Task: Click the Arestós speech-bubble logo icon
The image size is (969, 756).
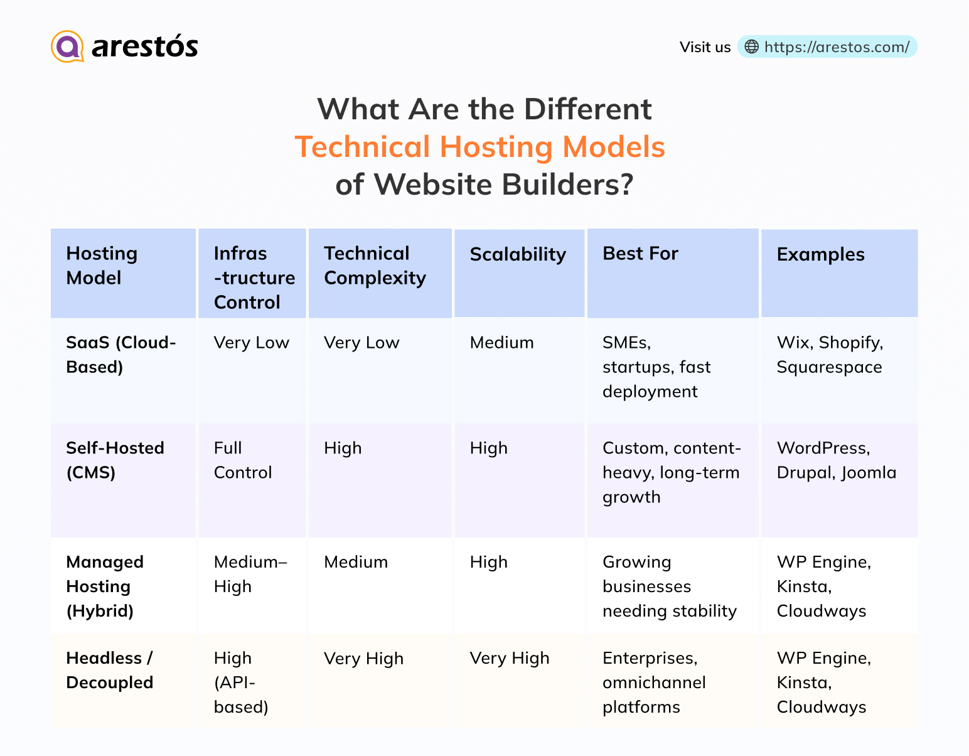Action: (x=67, y=46)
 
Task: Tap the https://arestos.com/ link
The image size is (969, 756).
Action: (x=836, y=47)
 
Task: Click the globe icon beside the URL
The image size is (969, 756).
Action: (x=751, y=47)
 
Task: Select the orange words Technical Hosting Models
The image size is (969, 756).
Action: (x=479, y=147)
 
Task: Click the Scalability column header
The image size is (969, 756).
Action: (x=518, y=254)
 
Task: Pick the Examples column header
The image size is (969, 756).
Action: (x=820, y=254)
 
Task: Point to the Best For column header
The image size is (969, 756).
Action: (x=640, y=254)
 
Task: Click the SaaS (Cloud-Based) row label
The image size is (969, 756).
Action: (x=121, y=355)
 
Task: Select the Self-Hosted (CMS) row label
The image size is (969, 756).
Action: (x=115, y=460)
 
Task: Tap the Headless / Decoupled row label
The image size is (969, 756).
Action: (x=110, y=670)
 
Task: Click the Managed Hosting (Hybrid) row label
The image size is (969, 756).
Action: (x=105, y=586)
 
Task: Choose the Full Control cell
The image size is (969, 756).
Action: (x=242, y=460)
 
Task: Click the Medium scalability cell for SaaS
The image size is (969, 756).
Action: (x=501, y=343)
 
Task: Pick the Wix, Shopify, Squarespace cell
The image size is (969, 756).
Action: (x=829, y=355)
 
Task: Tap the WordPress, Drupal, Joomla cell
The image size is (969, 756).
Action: (x=836, y=460)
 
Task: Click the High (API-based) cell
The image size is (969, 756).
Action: (x=241, y=683)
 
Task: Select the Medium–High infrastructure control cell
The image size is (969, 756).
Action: (x=250, y=574)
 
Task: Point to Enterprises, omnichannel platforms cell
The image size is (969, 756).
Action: (x=654, y=683)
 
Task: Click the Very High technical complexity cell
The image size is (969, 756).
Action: (x=363, y=659)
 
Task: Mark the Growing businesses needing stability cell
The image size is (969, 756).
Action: (x=669, y=586)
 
